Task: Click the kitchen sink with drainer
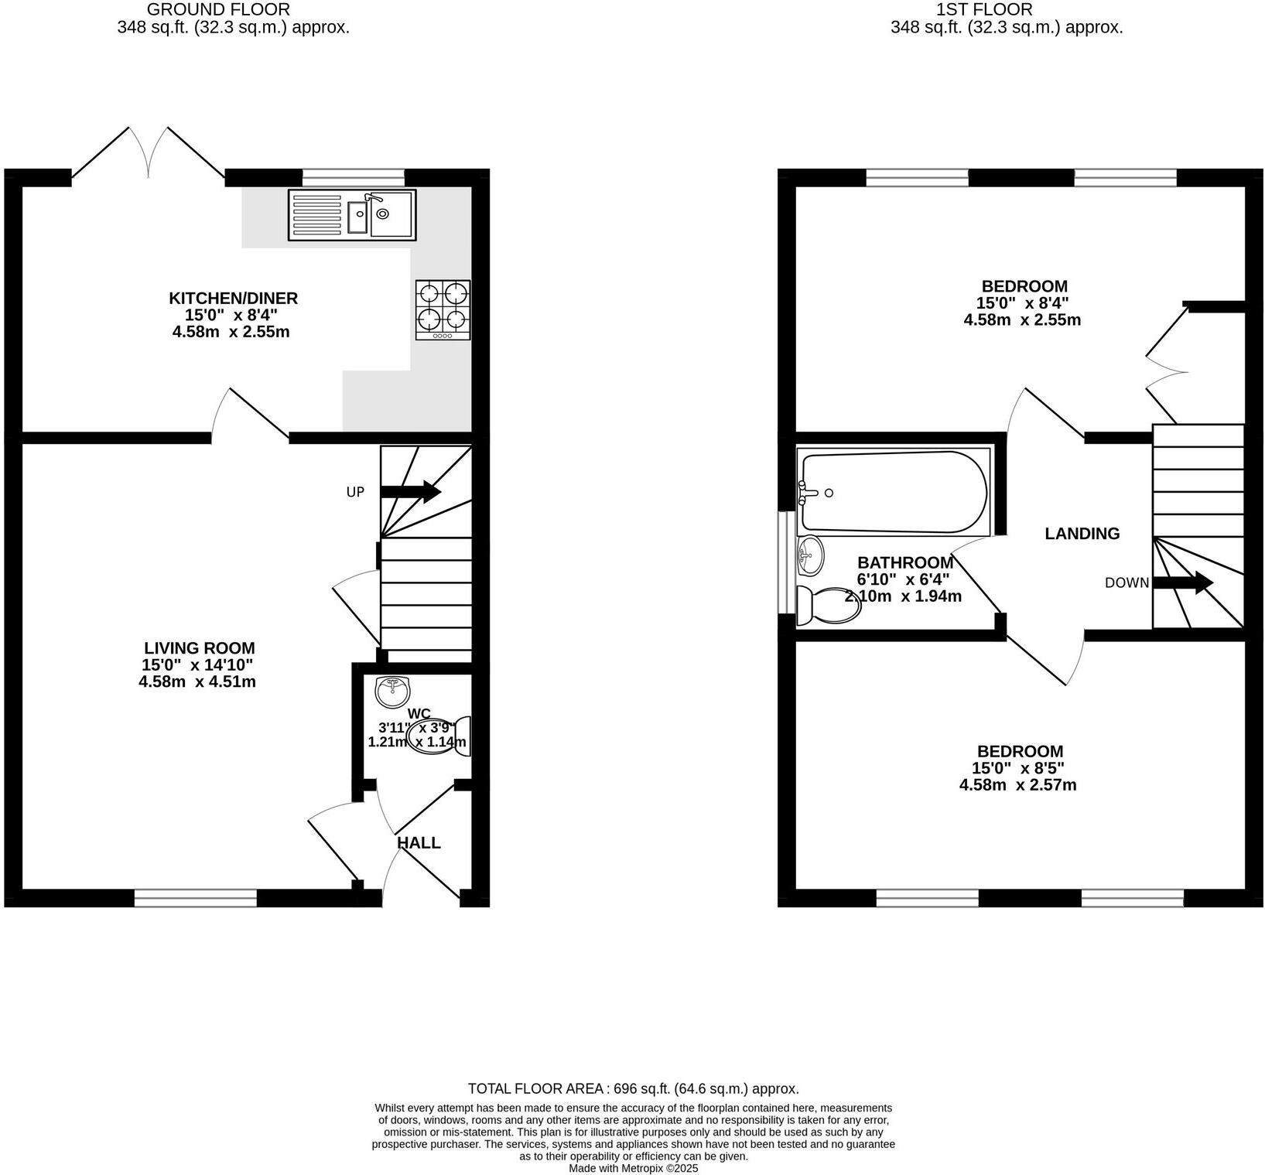tap(352, 214)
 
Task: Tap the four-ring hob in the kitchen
tap(443, 309)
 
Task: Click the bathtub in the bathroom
tap(894, 492)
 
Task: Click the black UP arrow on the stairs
tap(411, 492)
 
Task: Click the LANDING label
tap(1082, 534)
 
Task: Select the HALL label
tap(419, 843)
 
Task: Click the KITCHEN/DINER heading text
tap(233, 298)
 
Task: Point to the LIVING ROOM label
tap(199, 648)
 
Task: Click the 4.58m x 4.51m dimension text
tap(197, 682)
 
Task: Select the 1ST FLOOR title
tap(983, 9)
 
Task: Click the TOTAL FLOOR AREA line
tap(633, 1088)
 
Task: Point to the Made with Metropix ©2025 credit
tap(633, 1168)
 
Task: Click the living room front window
tap(195, 898)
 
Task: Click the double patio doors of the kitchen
tap(148, 155)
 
